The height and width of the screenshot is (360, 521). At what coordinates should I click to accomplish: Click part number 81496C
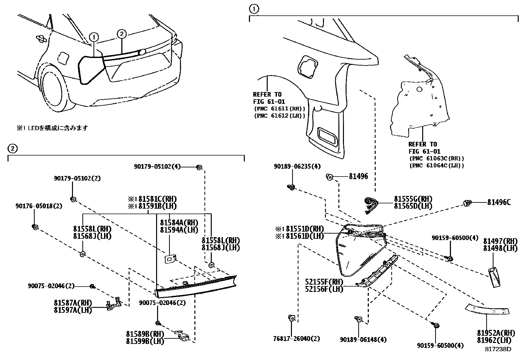(x=499, y=202)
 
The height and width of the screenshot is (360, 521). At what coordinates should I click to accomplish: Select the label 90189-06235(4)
(x=297, y=166)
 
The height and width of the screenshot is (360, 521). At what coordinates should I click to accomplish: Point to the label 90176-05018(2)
(x=39, y=206)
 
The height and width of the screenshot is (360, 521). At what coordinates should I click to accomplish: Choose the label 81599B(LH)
(x=145, y=341)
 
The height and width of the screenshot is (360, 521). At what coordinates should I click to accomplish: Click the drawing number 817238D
(x=498, y=349)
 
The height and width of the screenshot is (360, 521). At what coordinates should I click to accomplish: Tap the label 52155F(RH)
(x=324, y=282)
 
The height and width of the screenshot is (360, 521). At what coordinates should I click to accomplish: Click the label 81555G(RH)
(x=413, y=199)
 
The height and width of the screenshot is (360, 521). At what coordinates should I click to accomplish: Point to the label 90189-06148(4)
(x=363, y=340)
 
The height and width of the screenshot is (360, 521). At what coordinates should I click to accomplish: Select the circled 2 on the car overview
(x=121, y=34)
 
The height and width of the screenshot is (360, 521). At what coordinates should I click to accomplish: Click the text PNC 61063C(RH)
(x=437, y=159)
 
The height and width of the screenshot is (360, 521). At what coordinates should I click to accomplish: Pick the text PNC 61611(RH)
(x=279, y=108)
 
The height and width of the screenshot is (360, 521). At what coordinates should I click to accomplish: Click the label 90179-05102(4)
(x=157, y=166)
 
